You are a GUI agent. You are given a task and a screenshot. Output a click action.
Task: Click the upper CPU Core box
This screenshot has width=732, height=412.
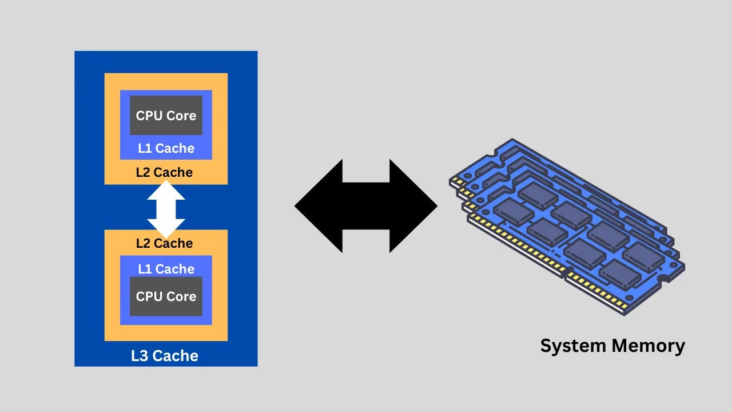click(x=166, y=115)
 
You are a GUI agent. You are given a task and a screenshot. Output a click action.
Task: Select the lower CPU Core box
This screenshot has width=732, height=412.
click(x=166, y=296)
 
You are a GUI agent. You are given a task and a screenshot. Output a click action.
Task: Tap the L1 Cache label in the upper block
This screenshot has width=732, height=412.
click(x=166, y=148)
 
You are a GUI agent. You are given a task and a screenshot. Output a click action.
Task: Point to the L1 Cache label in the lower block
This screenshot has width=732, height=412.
click(x=166, y=269)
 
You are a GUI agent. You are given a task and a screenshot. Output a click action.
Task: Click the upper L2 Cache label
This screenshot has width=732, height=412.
click(x=164, y=172)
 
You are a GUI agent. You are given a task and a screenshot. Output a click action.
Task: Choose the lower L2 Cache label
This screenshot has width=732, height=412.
click(x=164, y=243)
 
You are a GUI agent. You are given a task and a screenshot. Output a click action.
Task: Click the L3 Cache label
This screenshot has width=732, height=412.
click(x=165, y=356)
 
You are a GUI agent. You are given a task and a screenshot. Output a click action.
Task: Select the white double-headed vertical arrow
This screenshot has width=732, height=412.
click(x=166, y=209)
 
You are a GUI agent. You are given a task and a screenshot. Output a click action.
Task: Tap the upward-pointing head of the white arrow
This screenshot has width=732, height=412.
click(x=166, y=191)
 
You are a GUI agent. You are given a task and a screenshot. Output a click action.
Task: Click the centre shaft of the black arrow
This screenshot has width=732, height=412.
click(x=366, y=206)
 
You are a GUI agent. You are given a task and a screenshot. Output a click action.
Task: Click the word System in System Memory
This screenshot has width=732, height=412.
click(x=572, y=346)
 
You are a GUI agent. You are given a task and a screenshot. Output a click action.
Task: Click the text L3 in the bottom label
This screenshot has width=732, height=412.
click(x=140, y=356)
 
